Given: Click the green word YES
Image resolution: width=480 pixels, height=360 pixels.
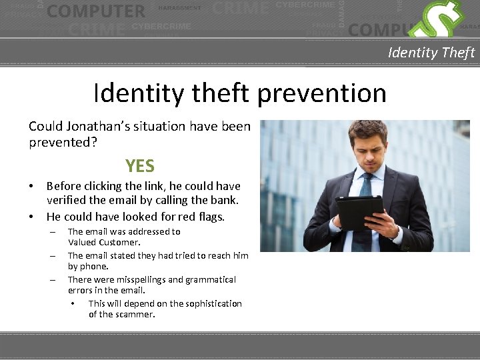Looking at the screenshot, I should click(x=140, y=166).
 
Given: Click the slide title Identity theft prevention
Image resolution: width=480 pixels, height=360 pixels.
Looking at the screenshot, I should click(x=240, y=93).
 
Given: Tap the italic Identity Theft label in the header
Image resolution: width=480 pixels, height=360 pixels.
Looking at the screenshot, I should click(x=431, y=53).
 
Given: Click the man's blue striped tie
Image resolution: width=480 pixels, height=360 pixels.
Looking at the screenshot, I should click(x=365, y=193).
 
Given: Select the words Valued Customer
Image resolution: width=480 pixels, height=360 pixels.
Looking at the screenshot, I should click(x=104, y=242).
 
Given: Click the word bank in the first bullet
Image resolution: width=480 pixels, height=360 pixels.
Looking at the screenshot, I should click(x=223, y=200).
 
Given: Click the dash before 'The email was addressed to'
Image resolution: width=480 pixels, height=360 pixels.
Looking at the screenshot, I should click(x=52, y=232).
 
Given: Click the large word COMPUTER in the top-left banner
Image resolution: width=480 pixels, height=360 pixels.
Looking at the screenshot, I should click(x=96, y=11).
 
